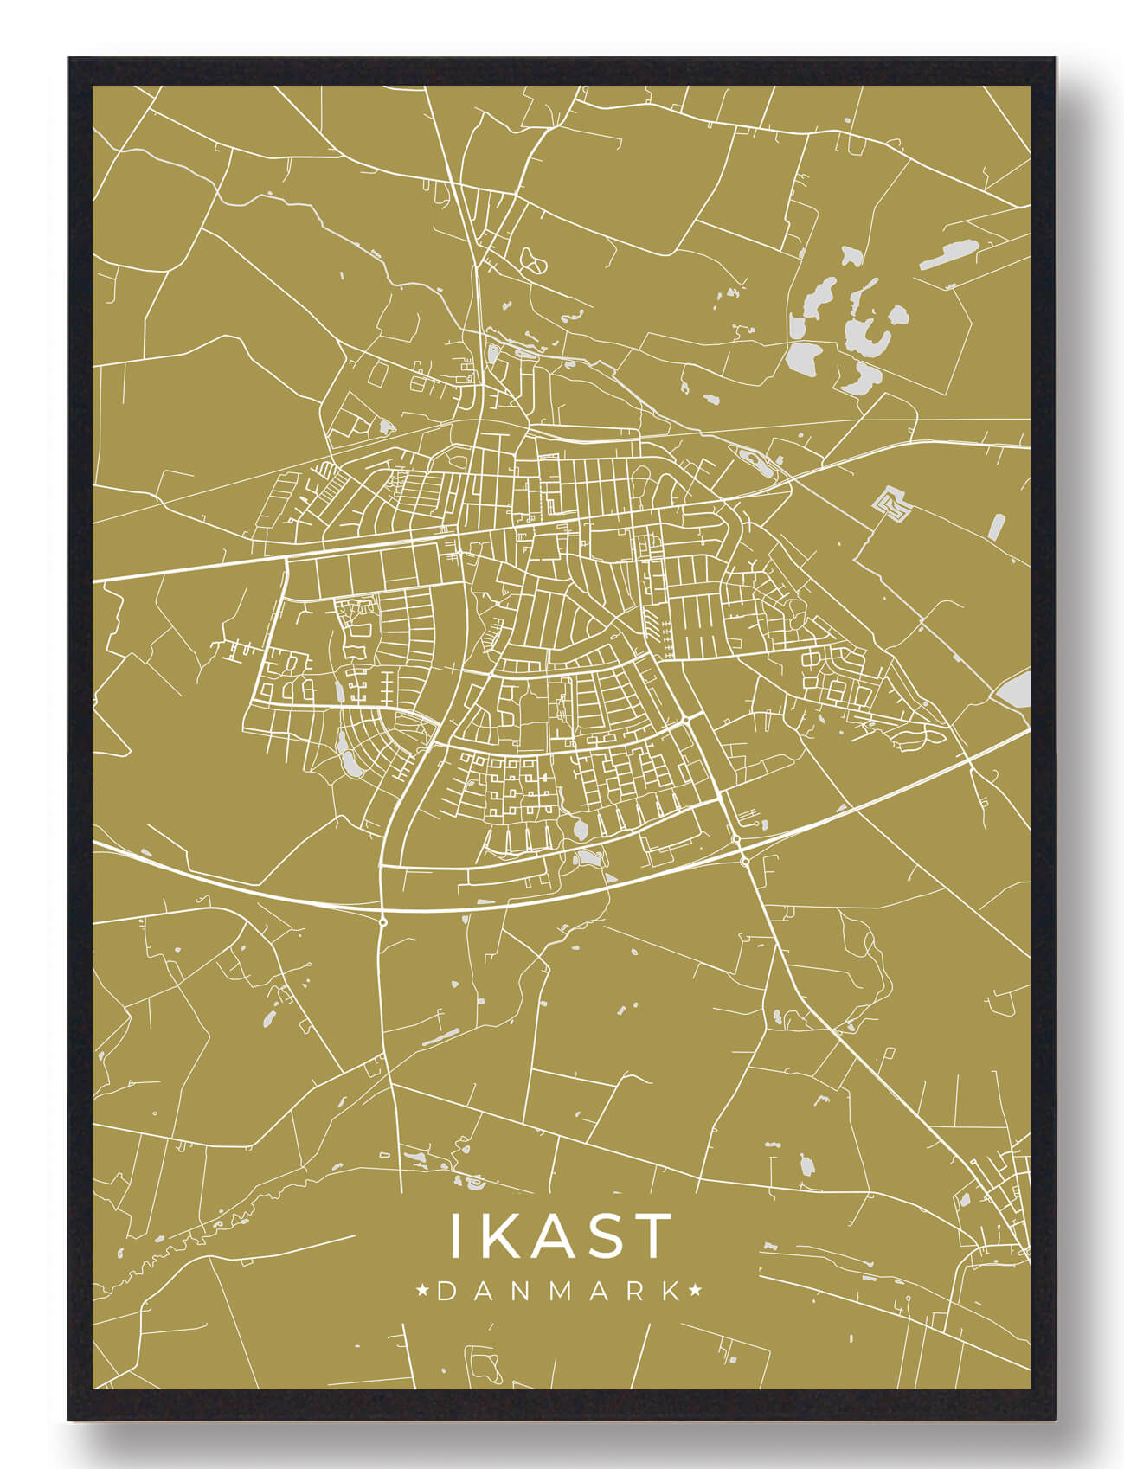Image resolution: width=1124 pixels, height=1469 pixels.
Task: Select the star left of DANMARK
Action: (x=424, y=1292)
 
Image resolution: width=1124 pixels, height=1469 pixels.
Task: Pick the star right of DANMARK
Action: (x=695, y=1292)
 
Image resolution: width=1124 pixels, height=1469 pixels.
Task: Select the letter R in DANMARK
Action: (x=633, y=1292)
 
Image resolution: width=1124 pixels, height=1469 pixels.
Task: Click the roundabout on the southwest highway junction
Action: (x=382, y=922)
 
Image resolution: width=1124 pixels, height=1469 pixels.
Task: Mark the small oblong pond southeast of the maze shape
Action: (x=997, y=526)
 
